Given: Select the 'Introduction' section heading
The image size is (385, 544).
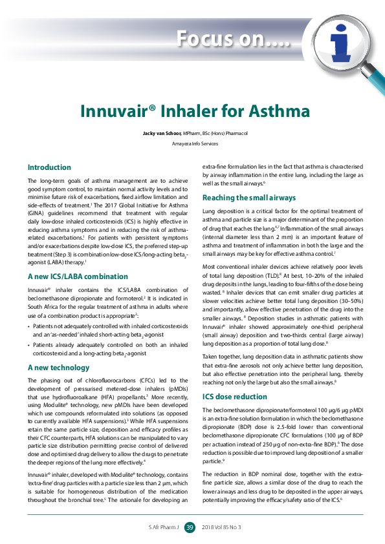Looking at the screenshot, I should pos(49,167).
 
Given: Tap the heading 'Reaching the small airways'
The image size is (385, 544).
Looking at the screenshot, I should pos(249,197).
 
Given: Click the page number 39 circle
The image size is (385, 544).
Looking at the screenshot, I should pos(190,528).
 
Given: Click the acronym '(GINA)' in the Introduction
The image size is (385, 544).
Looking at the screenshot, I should pos(35,212).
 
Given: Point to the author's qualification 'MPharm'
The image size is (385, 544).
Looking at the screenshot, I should pos(192,133).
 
